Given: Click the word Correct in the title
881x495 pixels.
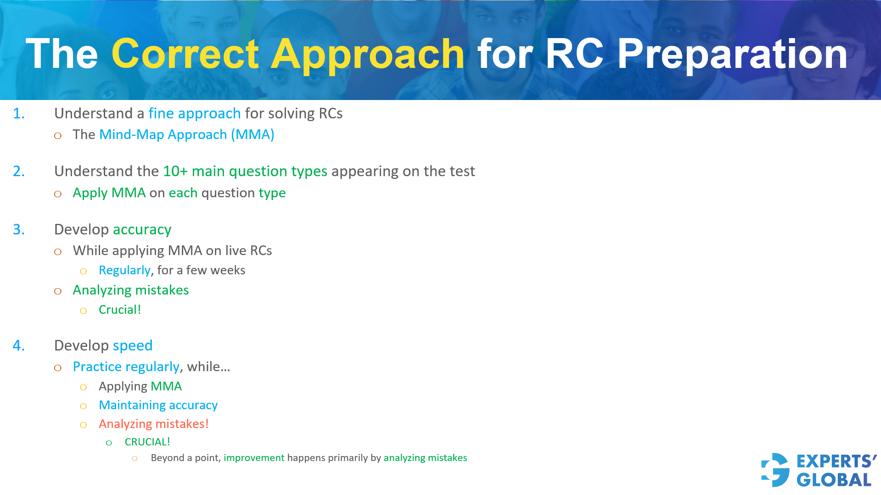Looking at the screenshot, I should click(x=185, y=54).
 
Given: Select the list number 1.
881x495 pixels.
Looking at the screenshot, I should click(x=18, y=113).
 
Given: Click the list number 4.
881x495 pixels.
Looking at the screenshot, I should click(x=18, y=345).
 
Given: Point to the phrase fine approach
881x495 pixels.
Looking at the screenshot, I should click(x=194, y=113).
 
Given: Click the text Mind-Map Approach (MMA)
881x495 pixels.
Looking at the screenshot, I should click(x=186, y=134).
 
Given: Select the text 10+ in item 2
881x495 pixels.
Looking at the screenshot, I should click(x=175, y=171).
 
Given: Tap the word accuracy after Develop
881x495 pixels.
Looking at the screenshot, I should click(x=142, y=229).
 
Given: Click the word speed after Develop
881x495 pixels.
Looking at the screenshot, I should click(x=132, y=345).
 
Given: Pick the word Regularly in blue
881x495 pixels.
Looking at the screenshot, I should click(x=124, y=270).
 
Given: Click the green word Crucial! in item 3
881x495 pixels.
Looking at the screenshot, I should click(x=120, y=310).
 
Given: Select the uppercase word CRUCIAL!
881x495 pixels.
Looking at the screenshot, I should click(x=147, y=442).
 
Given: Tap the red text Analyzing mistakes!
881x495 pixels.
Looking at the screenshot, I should click(x=153, y=424).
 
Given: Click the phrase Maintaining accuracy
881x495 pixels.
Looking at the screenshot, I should click(x=158, y=405).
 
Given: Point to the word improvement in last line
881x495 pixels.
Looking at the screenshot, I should click(x=254, y=458).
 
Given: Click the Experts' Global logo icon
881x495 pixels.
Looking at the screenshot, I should click(x=775, y=470).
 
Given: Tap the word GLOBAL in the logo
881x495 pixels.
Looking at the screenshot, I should click(x=834, y=480).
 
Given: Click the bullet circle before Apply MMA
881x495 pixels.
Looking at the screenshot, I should click(x=58, y=194).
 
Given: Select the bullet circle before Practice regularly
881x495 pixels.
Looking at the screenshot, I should click(x=58, y=368).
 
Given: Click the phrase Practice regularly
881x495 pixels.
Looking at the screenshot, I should click(x=126, y=367).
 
